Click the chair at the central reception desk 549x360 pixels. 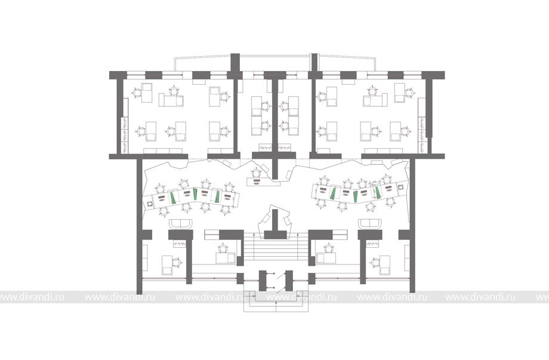(257, 173)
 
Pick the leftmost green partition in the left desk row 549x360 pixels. (173, 198)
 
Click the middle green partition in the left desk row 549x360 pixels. (195, 194)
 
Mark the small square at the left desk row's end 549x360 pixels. (150, 204)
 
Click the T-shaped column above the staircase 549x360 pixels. (275, 226)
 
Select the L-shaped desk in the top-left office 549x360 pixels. (171, 100)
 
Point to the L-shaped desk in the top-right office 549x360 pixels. (375, 100)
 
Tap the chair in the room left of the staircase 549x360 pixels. (223, 249)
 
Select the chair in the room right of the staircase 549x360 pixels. (329, 249)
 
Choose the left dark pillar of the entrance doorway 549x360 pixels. (263, 281)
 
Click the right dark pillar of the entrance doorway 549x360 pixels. (289, 281)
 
